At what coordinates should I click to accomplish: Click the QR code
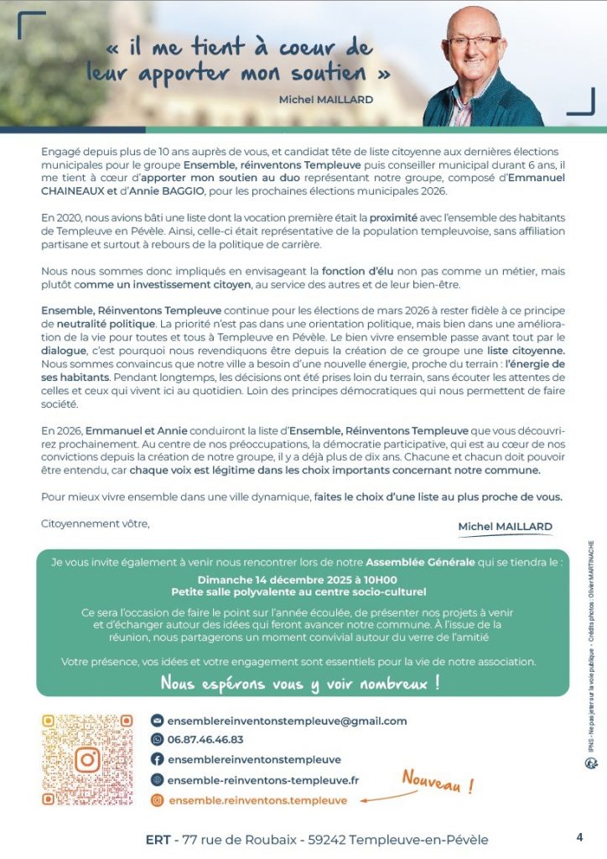coord(87,759)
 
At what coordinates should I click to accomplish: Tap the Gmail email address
coord(287,721)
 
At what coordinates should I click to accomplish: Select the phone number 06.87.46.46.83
coord(205,739)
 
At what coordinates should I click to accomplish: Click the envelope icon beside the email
coord(157,721)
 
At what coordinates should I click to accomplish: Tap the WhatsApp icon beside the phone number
coord(157,739)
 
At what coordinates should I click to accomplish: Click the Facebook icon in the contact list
coord(157,759)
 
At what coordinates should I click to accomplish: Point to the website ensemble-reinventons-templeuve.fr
coord(263,779)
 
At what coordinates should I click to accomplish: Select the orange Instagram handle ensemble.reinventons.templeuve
coord(257,800)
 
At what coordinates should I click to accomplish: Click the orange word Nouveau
coord(438,783)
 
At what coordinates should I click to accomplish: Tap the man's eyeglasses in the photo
coord(475,41)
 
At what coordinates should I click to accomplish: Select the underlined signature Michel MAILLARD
coord(505,526)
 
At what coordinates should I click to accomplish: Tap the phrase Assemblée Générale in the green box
coord(420,560)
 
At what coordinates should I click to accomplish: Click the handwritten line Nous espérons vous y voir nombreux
coord(300,683)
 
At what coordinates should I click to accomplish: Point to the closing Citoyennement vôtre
coord(95,524)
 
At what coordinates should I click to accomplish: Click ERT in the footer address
coord(158,840)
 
